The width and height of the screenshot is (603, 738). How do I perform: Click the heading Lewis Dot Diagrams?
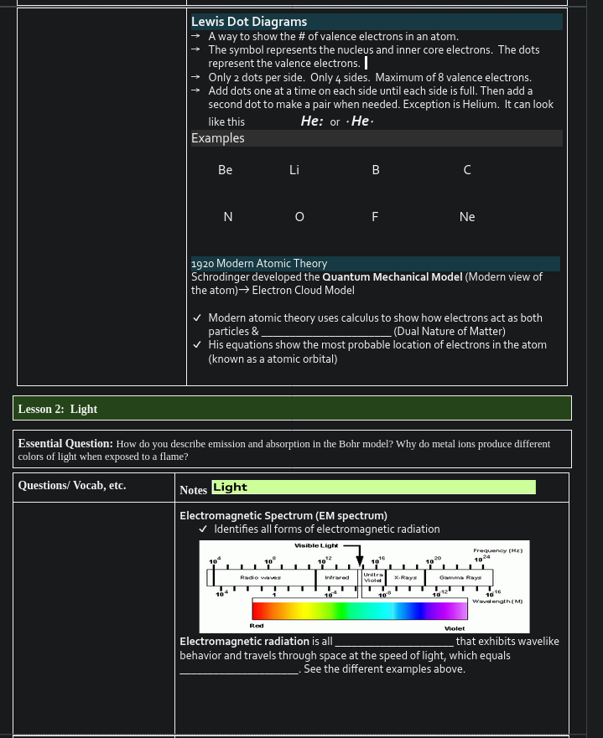click(249, 22)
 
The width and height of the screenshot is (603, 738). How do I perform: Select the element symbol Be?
click(225, 170)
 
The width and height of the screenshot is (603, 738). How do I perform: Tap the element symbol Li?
click(294, 170)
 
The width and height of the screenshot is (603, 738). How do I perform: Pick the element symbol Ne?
click(467, 217)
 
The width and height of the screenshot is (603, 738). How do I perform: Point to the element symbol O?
click(299, 217)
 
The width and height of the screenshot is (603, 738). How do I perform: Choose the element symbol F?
click(375, 217)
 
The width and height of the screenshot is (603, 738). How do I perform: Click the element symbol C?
click(467, 170)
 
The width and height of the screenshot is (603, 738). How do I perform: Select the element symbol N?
click(227, 217)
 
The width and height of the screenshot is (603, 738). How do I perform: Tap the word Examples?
click(218, 138)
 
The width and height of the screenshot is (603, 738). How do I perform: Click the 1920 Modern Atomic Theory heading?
click(259, 263)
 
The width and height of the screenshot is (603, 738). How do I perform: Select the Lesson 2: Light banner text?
click(58, 409)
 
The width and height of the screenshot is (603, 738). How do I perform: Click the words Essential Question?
click(65, 443)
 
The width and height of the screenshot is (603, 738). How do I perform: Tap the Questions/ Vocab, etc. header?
click(72, 485)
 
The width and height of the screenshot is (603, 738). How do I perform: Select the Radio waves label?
click(260, 577)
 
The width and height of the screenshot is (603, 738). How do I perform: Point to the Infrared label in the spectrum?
click(337, 577)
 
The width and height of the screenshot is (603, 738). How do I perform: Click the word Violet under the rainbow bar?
click(455, 627)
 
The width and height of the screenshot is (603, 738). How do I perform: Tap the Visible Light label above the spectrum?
click(315, 545)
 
